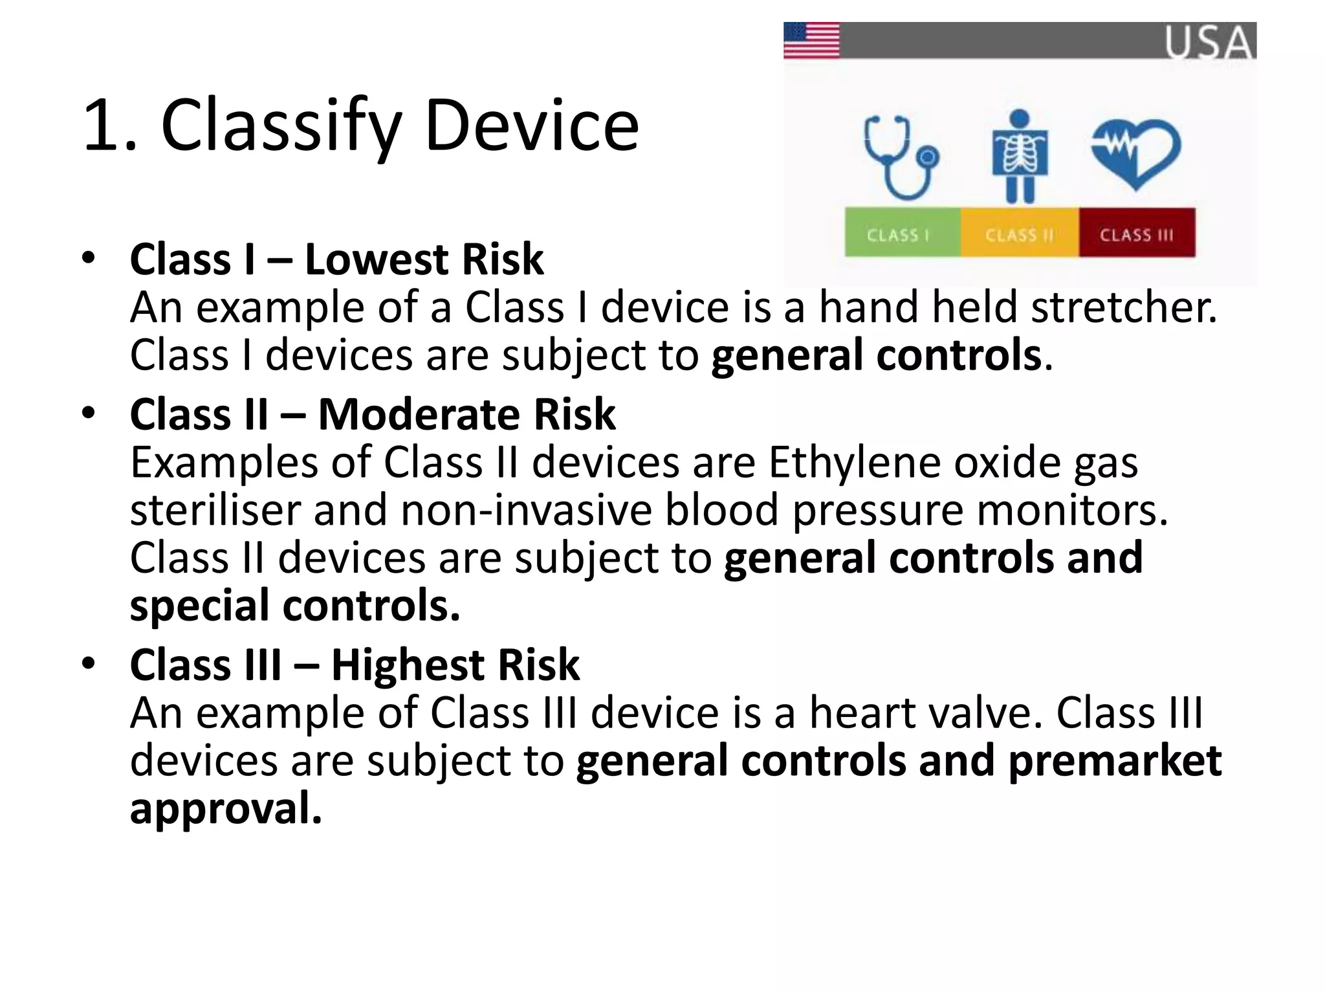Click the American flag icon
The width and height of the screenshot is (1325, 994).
(x=811, y=40)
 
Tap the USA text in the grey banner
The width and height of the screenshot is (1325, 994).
(x=1209, y=43)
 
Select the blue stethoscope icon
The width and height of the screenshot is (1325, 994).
(x=901, y=157)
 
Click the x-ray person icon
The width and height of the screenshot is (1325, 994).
(x=1020, y=156)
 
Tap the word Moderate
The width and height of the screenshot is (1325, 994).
(x=418, y=414)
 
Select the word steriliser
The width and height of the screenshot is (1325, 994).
(x=215, y=511)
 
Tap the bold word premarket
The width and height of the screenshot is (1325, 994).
(x=1114, y=761)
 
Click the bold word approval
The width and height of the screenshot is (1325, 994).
(x=225, y=810)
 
